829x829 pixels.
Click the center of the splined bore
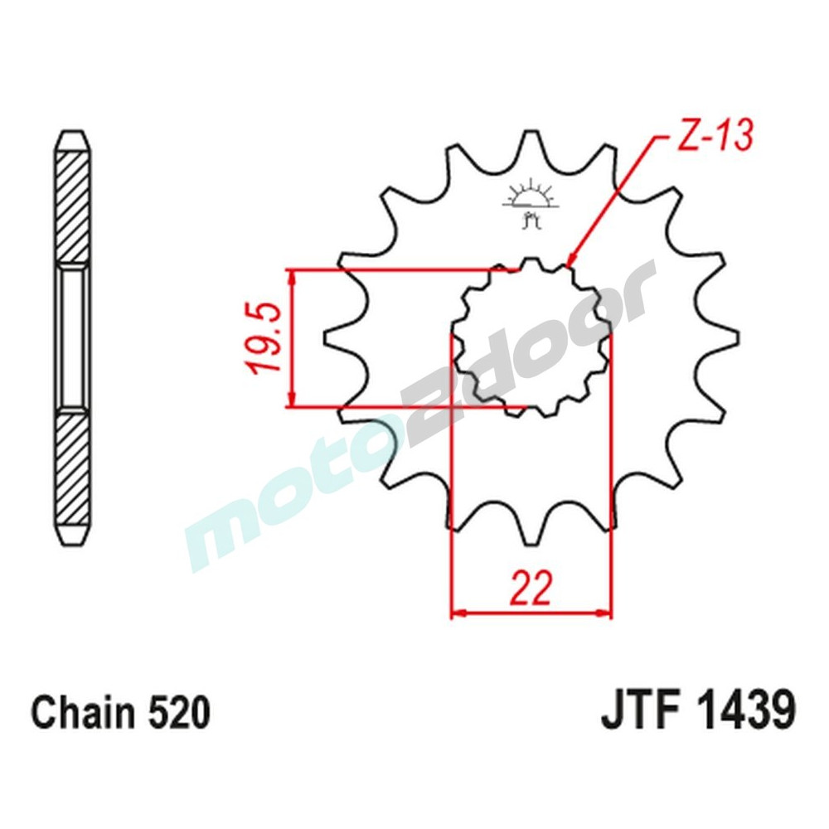point(531,338)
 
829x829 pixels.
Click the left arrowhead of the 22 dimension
point(456,615)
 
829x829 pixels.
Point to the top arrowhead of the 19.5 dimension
point(290,276)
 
